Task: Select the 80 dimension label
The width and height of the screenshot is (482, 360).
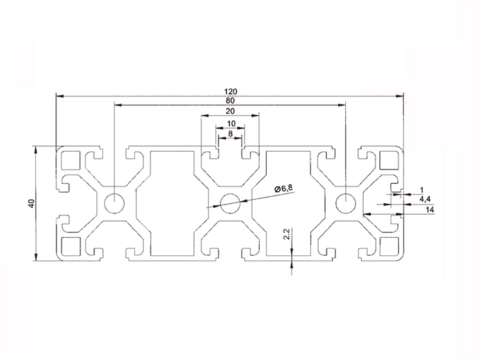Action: tap(229, 100)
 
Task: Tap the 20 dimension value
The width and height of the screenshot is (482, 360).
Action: tap(229, 111)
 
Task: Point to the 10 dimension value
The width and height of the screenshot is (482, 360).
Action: tap(230, 123)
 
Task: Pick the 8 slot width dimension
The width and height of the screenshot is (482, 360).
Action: tap(230, 134)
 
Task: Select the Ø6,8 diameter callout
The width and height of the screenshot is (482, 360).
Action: tap(283, 188)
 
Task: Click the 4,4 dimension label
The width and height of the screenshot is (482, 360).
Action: tap(425, 199)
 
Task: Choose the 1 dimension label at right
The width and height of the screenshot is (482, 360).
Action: tap(422, 189)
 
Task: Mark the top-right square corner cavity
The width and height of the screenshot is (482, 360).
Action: tap(389, 159)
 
